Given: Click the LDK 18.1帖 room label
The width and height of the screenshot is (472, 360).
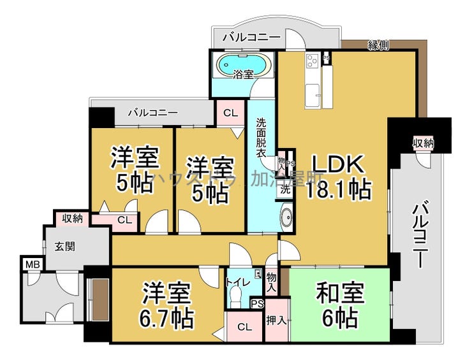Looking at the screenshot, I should pyautogui.click(x=337, y=176).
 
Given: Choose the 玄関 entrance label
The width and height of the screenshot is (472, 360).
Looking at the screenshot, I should pyautogui.click(x=65, y=246).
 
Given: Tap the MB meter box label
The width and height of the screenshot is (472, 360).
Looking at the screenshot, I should pyautogui.click(x=31, y=263).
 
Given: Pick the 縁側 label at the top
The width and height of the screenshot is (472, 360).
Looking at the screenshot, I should pyautogui.click(x=379, y=45).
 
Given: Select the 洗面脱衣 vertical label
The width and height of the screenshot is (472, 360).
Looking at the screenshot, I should pyautogui.click(x=262, y=138).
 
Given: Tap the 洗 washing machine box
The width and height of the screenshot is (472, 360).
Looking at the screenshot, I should pyautogui.click(x=286, y=189).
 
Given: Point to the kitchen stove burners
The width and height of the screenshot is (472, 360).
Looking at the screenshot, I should pyautogui.click(x=313, y=61).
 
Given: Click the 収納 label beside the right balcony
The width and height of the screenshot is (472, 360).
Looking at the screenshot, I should pyautogui.click(x=423, y=143).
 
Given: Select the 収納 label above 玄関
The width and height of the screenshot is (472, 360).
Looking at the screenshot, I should pyautogui.click(x=72, y=218).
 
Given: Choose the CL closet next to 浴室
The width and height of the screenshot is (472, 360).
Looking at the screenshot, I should pyautogui.click(x=230, y=113).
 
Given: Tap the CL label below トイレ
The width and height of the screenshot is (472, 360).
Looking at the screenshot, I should pyautogui.click(x=244, y=328).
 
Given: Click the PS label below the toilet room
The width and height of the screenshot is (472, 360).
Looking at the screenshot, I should pyautogui.click(x=258, y=304).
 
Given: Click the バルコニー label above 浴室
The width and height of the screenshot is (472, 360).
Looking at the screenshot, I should pyautogui.click(x=251, y=38).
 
